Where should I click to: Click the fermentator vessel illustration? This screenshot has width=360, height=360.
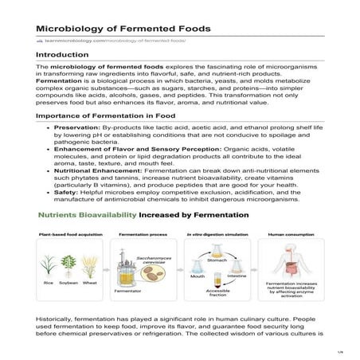pos(135,269)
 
